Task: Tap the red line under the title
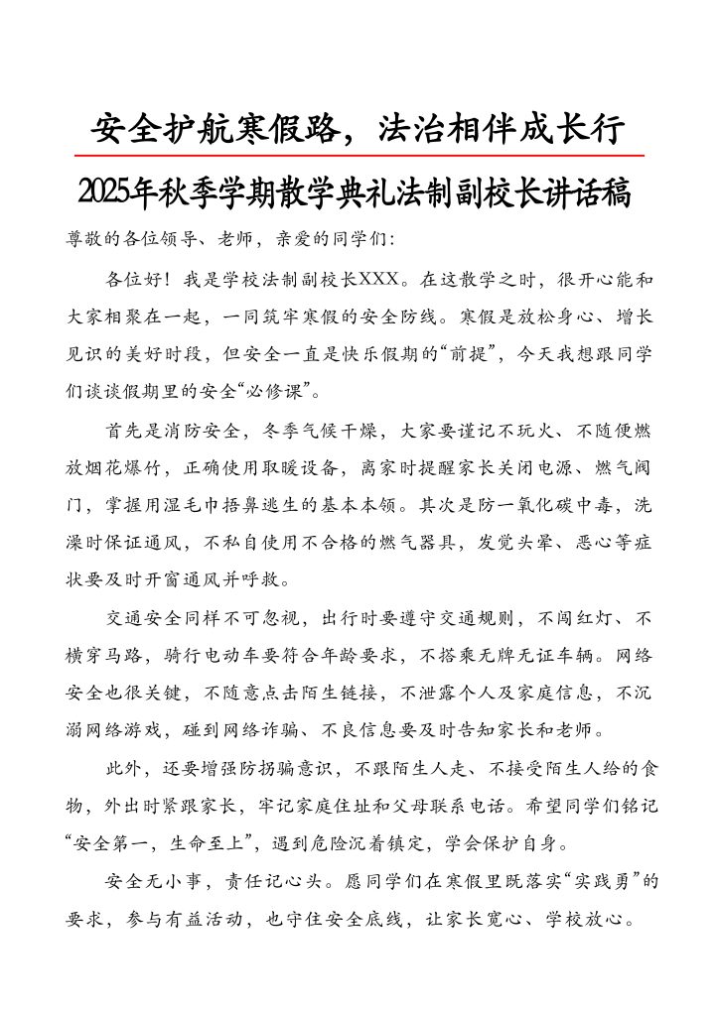pos(359,156)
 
